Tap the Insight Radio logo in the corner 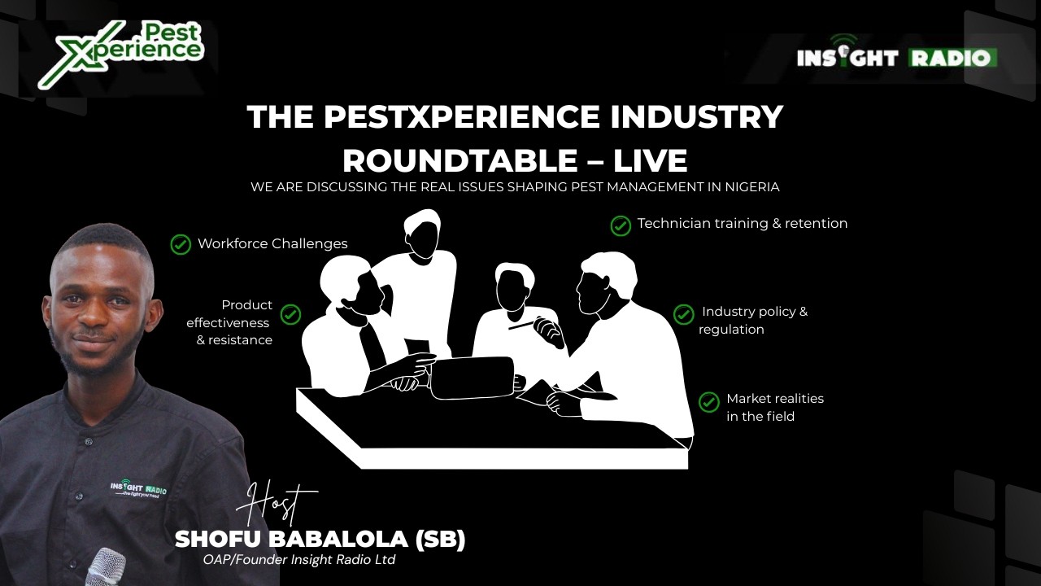[896, 56]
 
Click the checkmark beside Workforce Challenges [181, 244]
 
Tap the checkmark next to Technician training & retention [621, 225]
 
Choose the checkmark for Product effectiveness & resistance [290, 314]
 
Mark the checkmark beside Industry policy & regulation [683, 314]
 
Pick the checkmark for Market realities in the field [709, 401]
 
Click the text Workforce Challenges [272, 243]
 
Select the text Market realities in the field [774, 407]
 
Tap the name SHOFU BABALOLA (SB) [320, 539]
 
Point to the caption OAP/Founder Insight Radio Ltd [299, 560]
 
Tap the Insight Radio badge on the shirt [138, 490]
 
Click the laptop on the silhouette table [472, 378]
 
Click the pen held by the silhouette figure [525, 325]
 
